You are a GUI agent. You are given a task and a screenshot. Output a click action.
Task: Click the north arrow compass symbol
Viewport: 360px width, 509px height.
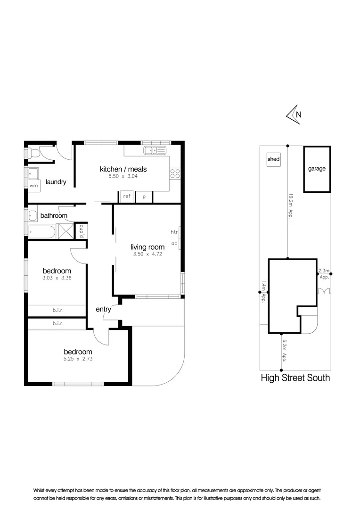point(294,115)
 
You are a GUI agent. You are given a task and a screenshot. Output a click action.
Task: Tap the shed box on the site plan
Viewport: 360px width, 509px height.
point(273,159)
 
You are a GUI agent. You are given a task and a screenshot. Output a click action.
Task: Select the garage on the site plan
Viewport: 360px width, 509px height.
point(317,169)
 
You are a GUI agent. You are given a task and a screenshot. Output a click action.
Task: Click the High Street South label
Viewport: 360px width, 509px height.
point(295,378)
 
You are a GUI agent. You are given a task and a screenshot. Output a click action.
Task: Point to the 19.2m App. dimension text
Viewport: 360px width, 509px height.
point(291,206)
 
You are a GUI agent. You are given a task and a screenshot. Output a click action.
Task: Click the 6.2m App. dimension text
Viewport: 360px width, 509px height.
point(284,351)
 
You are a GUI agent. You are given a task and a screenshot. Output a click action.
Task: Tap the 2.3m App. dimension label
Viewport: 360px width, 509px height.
point(324,274)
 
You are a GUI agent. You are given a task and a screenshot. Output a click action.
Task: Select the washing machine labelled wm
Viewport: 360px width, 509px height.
point(34,186)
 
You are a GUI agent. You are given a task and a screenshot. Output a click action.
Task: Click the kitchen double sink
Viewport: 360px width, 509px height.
point(155,150)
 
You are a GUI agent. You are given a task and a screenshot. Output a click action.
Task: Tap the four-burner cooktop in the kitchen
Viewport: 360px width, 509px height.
point(175,173)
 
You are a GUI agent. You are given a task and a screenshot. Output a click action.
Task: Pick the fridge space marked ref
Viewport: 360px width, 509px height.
point(127,197)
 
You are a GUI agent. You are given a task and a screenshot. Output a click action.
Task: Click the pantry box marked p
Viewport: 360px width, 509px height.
point(144,197)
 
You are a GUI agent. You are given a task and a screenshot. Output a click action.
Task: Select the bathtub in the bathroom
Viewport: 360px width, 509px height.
point(41,232)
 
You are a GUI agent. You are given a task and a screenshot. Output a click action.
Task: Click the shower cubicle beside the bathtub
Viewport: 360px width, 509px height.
point(66,231)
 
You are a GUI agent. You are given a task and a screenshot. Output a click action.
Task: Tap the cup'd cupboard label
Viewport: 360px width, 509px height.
point(82,231)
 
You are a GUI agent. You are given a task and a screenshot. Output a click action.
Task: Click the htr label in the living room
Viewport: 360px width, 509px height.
point(174,232)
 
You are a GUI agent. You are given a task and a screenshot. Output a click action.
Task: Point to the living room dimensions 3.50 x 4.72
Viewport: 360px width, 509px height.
point(147,254)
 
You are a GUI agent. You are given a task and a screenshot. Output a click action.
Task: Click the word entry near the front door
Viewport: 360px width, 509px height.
point(103,309)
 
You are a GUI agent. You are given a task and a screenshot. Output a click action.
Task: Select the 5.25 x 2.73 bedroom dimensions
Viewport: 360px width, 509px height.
point(78,359)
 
